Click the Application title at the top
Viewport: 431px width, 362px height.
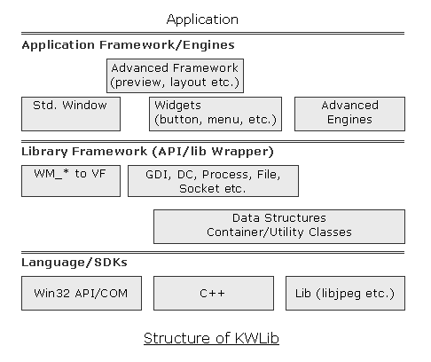[x=202, y=20]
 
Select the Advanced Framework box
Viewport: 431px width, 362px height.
[x=175, y=75]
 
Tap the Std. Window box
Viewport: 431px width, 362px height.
[x=71, y=114]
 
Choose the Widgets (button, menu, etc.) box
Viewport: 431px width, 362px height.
[x=215, y=114]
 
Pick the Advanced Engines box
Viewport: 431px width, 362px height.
[x=349, y=114]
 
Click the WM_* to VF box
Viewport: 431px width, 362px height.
[x=71, y=181]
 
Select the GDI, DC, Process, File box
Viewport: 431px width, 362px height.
[x=213, y=181]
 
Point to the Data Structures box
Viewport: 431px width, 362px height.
[x=279, y=226]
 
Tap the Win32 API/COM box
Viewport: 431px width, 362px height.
[x=82, y=293]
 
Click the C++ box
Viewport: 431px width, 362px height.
[x=214, y=293]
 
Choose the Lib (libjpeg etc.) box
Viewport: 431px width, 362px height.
[x=345, y=293]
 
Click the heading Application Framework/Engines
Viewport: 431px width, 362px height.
[x=128, y=45]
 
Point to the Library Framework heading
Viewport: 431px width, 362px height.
[x=147, y=152]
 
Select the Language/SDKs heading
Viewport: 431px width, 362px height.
[x=74, y=263]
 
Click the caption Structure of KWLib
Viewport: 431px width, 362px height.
[x=211, y=338]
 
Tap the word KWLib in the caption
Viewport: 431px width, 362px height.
[x=257, y=338]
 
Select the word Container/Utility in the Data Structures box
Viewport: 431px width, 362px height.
[x=255, y=232]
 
